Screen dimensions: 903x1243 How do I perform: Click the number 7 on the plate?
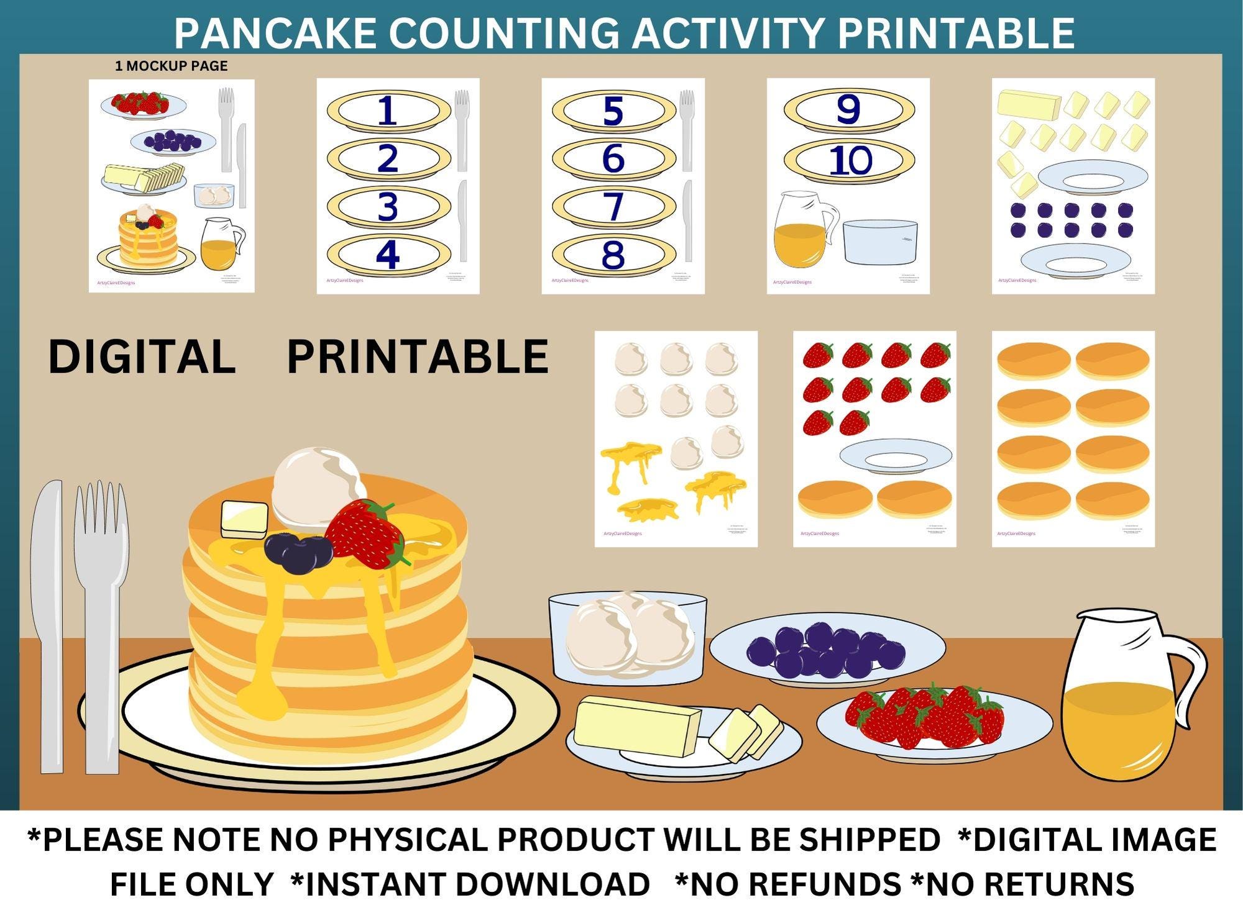[x=613, y=206]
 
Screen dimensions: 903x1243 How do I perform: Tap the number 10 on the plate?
[x=850, y=160]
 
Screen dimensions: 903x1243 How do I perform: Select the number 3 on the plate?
[x=388, y=207]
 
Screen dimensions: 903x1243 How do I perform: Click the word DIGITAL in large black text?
[x=142, y=356]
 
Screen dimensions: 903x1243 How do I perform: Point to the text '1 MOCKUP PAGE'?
[x=171, y=66]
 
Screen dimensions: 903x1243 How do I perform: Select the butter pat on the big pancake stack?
[x=244, y=519]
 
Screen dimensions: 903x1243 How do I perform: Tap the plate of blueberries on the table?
[x=827, y=649]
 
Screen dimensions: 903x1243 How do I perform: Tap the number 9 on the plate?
[x=848, y=109]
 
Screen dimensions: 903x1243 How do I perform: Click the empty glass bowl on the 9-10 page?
[x=880, y=242]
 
